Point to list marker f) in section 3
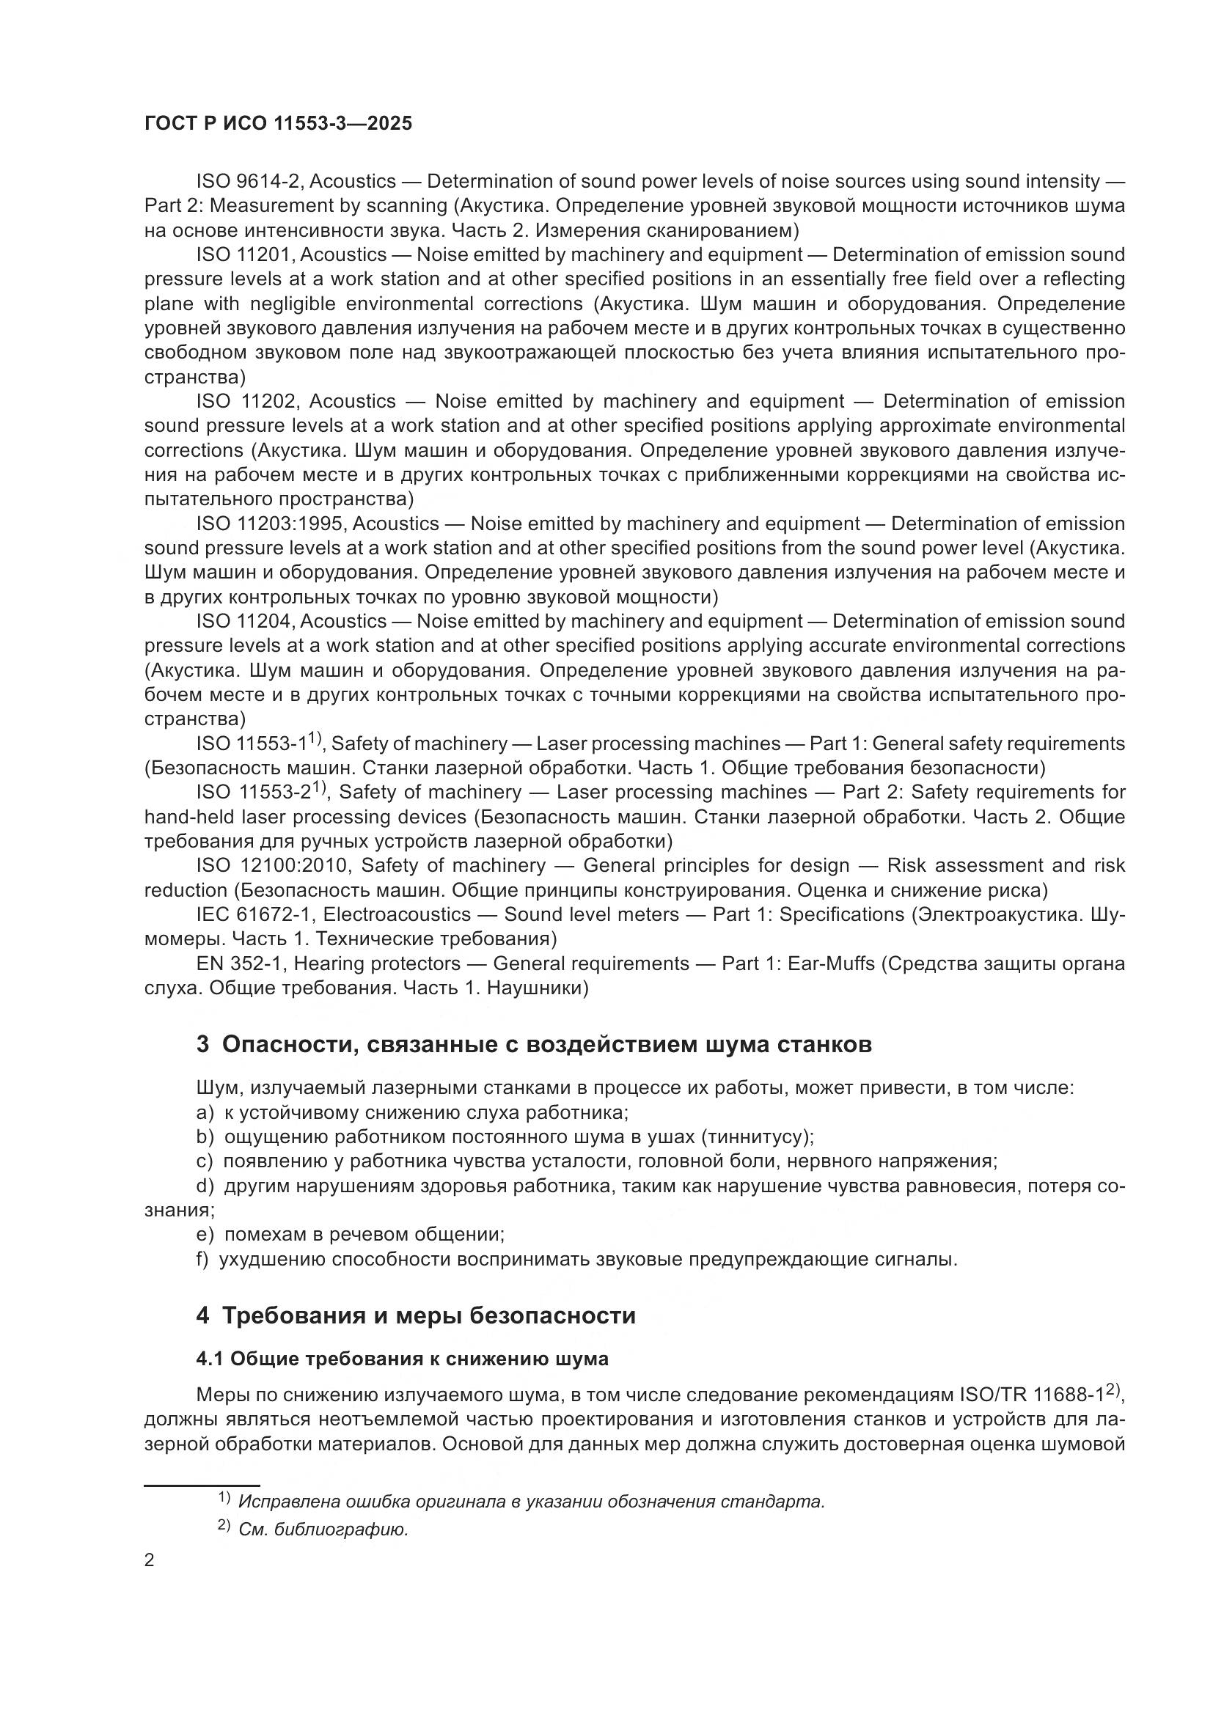pos(202,1260)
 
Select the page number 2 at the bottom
pos(150,1561)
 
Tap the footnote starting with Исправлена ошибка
pos(530,1502)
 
